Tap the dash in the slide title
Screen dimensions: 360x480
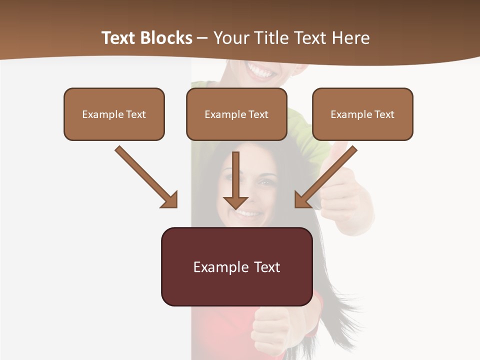(202, 38)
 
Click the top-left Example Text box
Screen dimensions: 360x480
(114, 114)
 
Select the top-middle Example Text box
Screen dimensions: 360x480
(236, 114)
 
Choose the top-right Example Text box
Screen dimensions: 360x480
(362, 114)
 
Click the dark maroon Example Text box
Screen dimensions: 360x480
(236, 267)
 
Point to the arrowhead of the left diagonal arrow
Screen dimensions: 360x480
(170, 200)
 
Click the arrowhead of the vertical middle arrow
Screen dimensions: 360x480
(235, 202)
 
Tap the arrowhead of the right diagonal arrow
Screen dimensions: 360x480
(302, 200)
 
